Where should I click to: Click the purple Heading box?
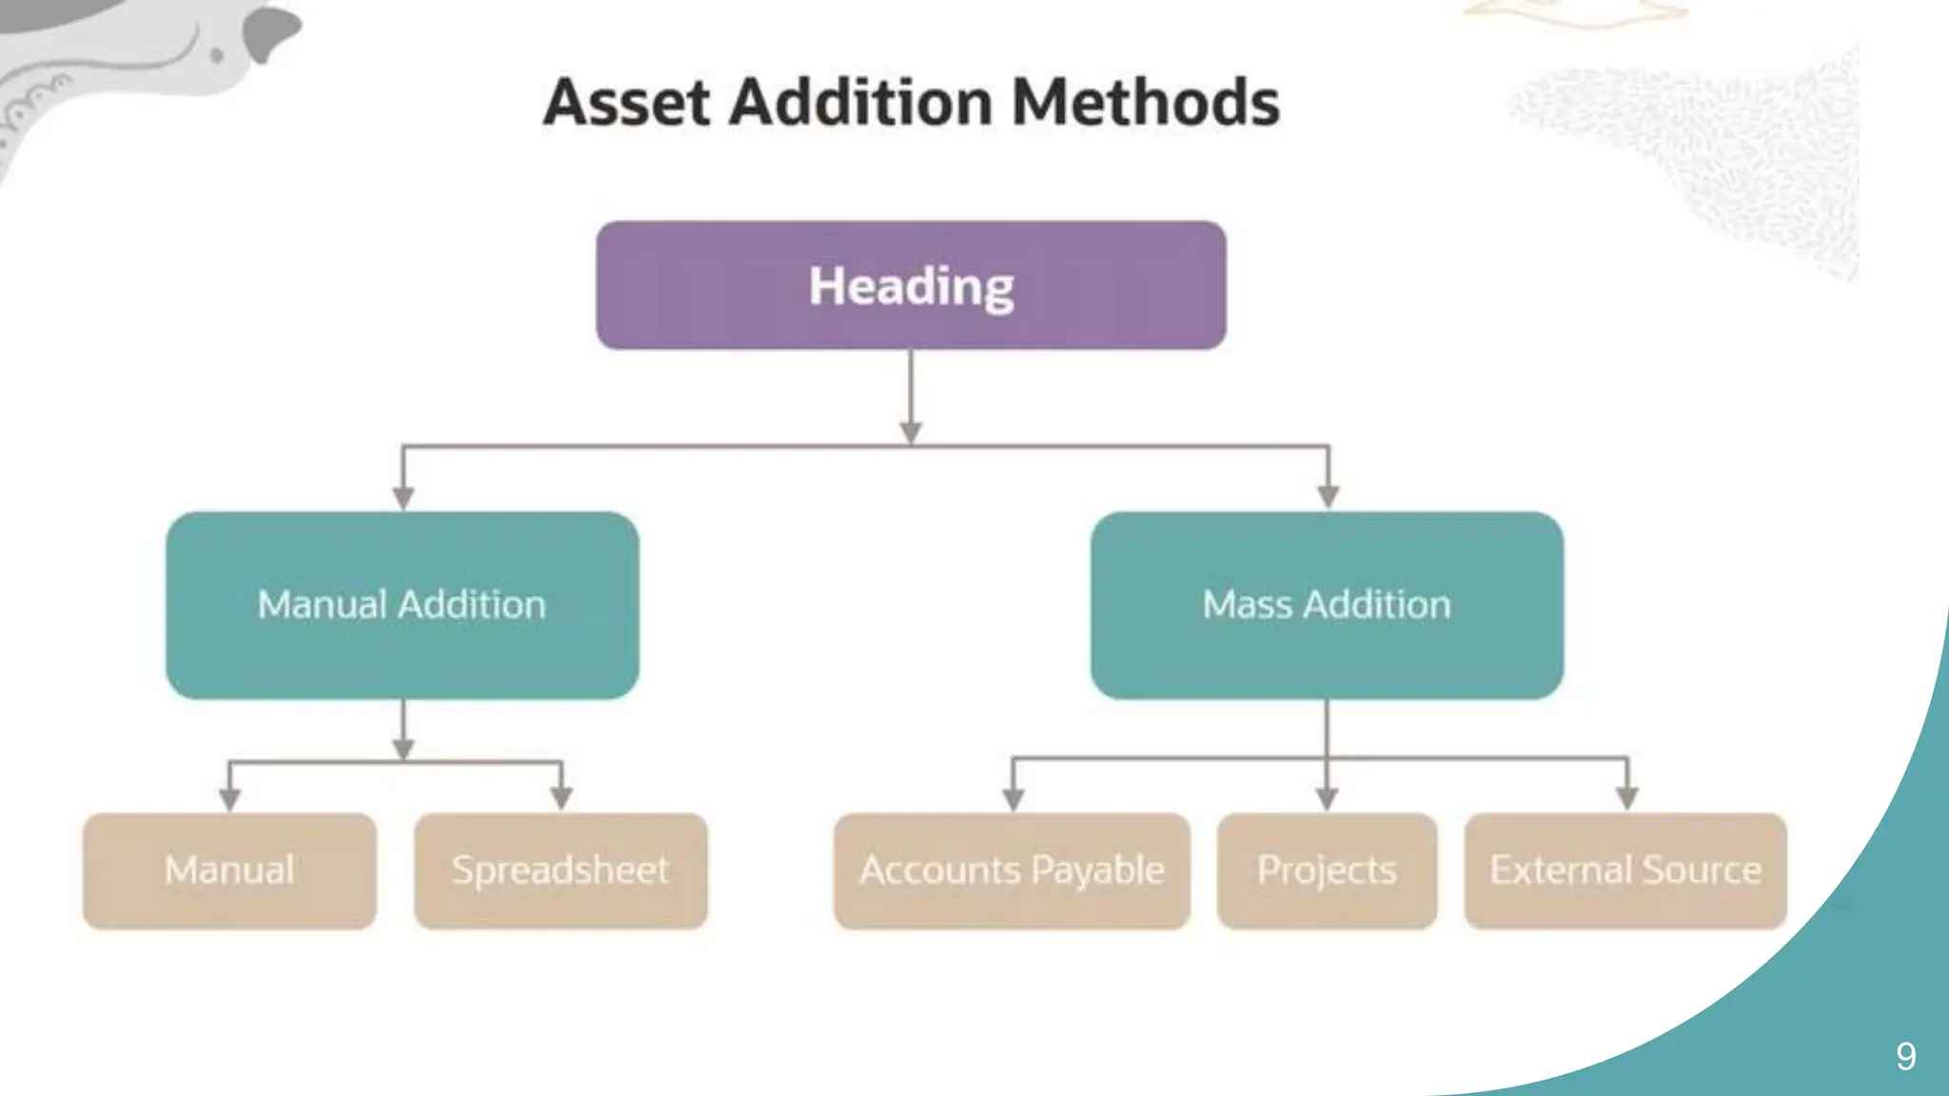point(911,285)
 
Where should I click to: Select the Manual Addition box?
point(402,605)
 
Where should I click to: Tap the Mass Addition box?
point(1327,605)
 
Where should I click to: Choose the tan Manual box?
point(229,871)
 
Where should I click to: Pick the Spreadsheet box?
point(561,871)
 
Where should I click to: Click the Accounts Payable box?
point(1012,871)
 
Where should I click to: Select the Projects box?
point(1327,871)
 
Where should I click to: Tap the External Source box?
point(1625,871)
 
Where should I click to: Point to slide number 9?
point(1905,1056)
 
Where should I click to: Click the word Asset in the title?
point(626,102)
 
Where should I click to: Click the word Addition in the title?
point(861,102)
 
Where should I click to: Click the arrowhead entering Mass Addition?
point(1329,497)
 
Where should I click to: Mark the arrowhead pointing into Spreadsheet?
point(561,798)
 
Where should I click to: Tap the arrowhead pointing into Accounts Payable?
point(1014,799)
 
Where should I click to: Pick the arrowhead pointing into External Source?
point(1627,799)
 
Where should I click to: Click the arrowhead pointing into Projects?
point(1327,799)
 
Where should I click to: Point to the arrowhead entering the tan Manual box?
point(229,799)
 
